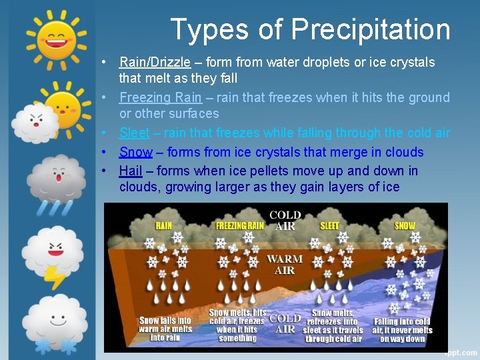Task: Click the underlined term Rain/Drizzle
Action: [155, 62]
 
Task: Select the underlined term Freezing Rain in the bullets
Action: [159, 97]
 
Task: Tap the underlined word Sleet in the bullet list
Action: [134, 133]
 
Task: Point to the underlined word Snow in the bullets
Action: [135, 152]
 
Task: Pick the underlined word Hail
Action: [131, 171]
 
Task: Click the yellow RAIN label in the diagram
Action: [163, 225]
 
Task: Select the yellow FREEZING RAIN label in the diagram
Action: [240, 225]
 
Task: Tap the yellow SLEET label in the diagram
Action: [329, 225]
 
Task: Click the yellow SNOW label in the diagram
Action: [405, 225]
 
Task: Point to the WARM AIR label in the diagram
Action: [285, 264]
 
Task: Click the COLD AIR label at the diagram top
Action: [285, 220]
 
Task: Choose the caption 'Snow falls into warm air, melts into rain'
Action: [165, 329]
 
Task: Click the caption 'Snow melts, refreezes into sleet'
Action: [333, 326]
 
